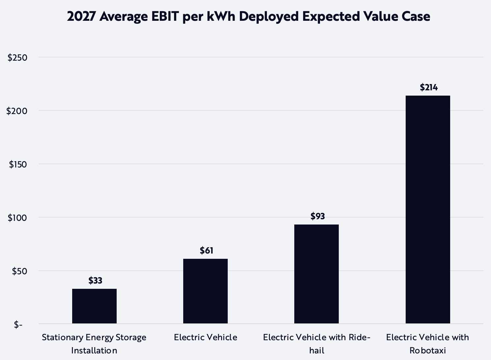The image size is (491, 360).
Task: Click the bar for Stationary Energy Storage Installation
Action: [94, 306]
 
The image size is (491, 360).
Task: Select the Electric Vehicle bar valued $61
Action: [205, 291]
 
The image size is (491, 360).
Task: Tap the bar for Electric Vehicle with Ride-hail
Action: [316, 274]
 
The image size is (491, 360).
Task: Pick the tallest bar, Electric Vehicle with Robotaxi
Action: [428, 209]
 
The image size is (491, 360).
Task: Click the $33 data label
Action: [95, 281]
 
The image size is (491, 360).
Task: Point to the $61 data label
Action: [206, 251]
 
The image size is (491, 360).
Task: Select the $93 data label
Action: [317, 216]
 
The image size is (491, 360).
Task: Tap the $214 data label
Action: [428, 87]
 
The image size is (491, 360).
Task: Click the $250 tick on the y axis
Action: [17, 58]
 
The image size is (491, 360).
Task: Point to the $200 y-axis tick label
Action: [17, 111]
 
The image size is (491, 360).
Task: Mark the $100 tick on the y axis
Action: [17, 218]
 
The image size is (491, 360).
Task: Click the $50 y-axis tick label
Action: [19, 271]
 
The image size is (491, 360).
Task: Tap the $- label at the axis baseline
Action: [18, 325]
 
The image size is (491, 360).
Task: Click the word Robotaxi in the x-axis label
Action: [428, 350]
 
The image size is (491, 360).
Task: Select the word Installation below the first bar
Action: [94, 350]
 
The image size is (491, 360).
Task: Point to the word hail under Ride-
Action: [317, 350]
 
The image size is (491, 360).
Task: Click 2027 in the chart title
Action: [81, 16]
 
